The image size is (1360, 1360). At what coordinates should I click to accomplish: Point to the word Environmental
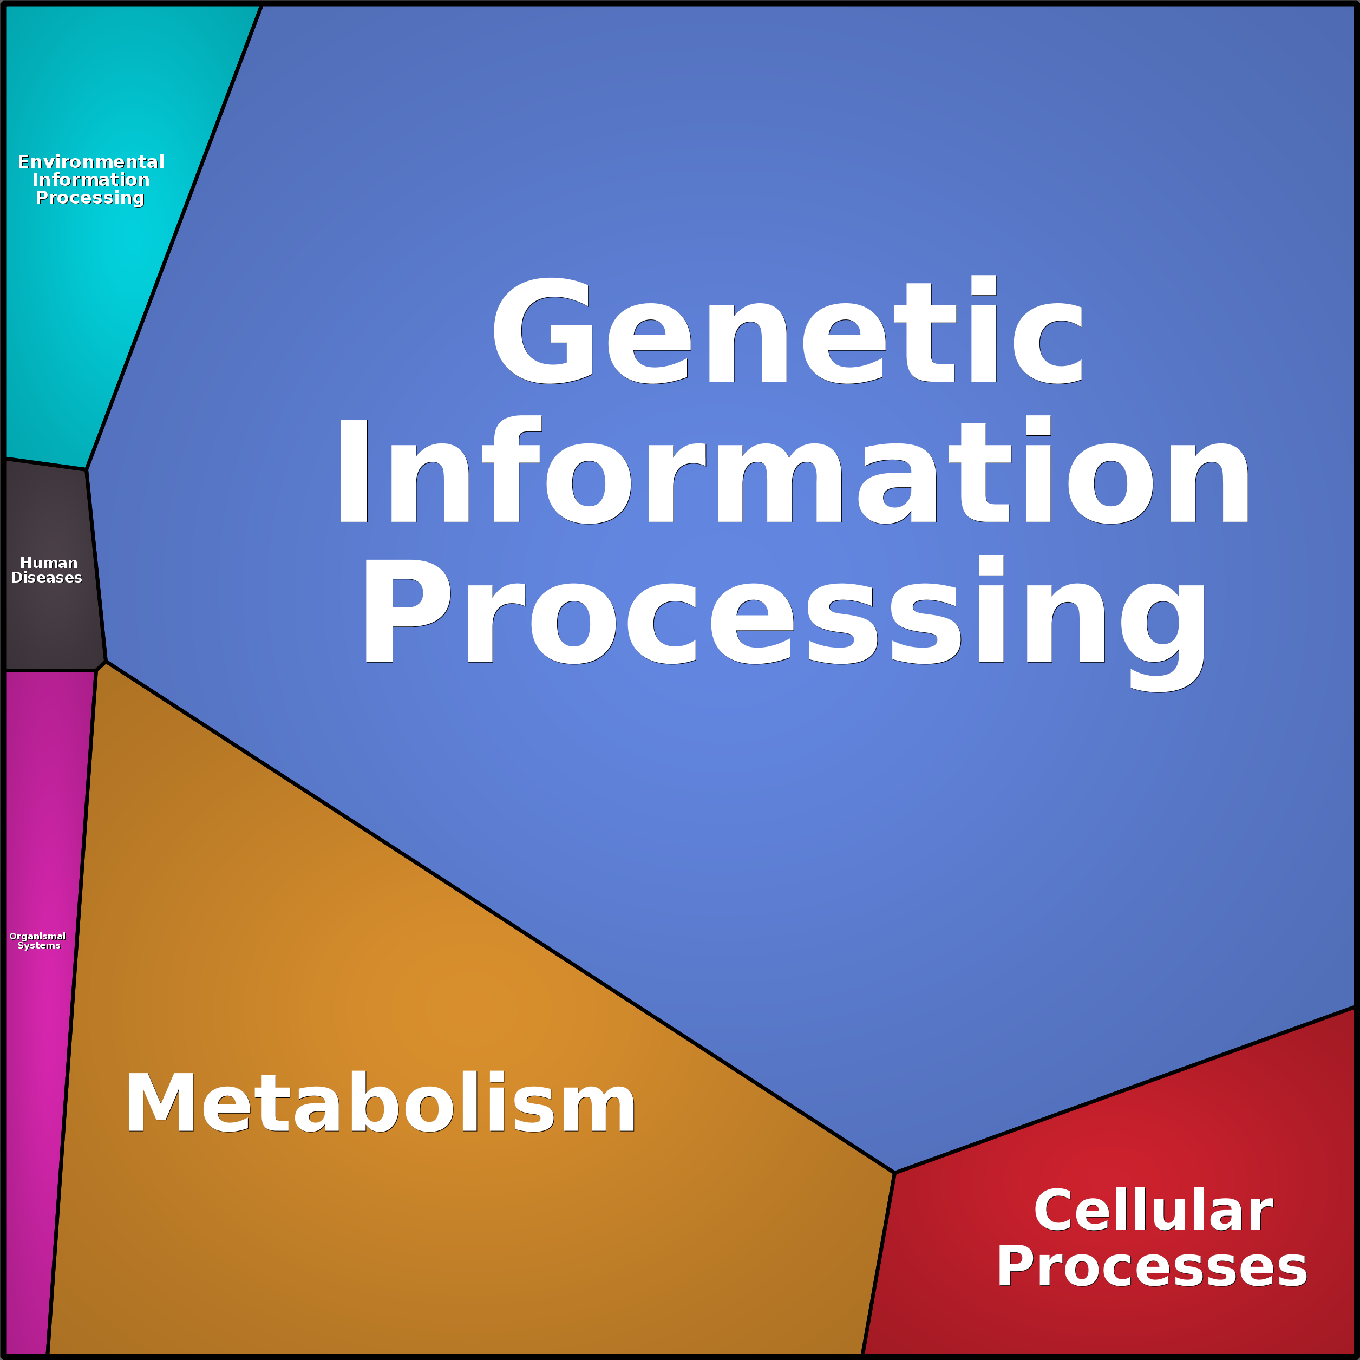click(91, 162)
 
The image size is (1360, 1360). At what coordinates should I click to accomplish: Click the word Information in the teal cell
click(91, 180)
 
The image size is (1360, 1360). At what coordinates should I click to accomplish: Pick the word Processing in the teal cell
click(90, 198)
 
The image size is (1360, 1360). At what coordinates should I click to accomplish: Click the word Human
click(49, 563)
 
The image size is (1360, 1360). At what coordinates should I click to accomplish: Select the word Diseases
click(47, 577)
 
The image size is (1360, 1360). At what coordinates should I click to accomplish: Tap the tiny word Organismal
click(37, 936)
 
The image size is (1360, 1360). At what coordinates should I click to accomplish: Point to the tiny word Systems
click(39, 945)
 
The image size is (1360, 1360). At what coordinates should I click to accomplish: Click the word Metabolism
click(380, 1103)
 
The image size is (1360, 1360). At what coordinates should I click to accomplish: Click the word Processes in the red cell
click(1152, 1266)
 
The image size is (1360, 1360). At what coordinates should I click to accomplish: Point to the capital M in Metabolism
click(160, 1103)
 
